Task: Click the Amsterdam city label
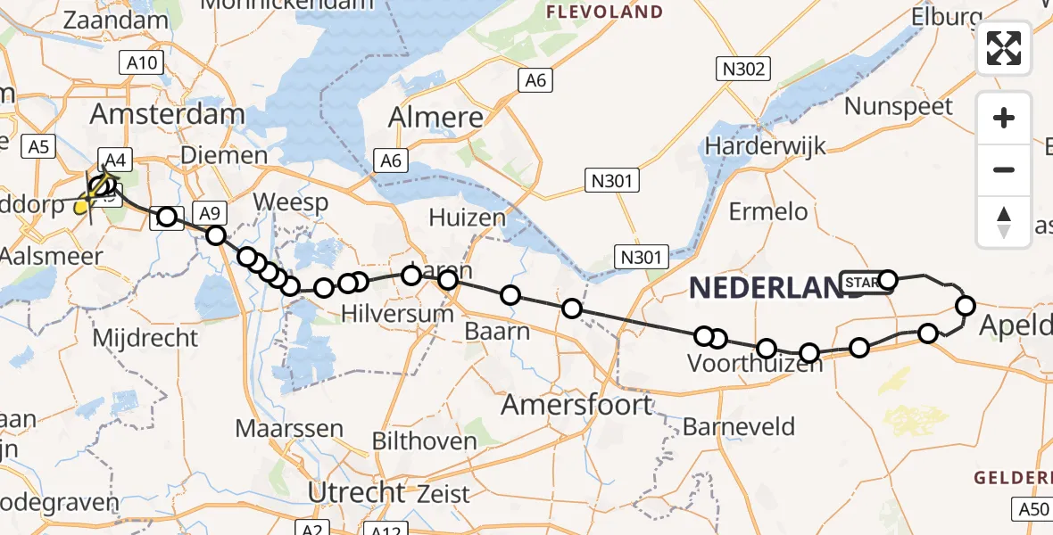pyautogui.click(x=167, y=114)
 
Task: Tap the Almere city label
pyautogui.click(x=436, y=118)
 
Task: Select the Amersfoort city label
pyautogui.click(x=576, y=405)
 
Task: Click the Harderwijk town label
pyautogui.click(x=766, y=145)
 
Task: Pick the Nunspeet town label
pyautogui.click(x=899, y=106)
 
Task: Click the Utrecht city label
pyautogui.click(x=356, y=492)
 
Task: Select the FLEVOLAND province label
pyautogui.click(x=604, y=12)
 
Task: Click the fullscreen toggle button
pyautogui.click(x=1004, y=48)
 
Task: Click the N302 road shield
pyautogui.click(x=742, y=69)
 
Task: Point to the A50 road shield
pyautogui.click(x=1032, y=509)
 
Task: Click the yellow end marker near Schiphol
pyautogui.click(x=80, y=207)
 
